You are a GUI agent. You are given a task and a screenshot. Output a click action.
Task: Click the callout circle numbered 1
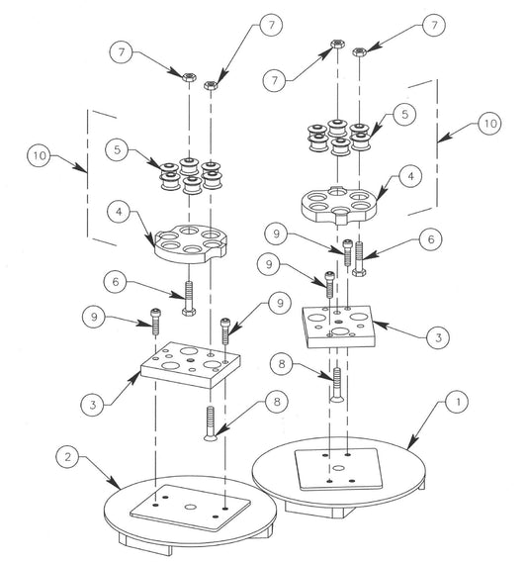458,402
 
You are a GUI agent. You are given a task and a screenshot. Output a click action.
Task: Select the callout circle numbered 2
67,457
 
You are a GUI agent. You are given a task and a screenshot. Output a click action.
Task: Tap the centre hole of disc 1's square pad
338,468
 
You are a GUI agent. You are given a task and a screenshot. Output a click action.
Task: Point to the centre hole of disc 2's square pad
190,507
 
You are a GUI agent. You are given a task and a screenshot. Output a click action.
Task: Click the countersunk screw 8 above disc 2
211,422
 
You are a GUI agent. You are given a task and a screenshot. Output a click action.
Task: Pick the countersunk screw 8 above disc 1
337,385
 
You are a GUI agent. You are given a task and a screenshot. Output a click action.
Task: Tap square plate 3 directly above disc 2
190,365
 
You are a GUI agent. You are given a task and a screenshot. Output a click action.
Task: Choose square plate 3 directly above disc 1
338,327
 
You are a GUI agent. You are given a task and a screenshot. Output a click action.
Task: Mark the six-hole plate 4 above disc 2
191,244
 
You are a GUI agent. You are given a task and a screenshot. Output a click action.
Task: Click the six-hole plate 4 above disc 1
338,205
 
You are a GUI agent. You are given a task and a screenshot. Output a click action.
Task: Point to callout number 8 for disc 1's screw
282,364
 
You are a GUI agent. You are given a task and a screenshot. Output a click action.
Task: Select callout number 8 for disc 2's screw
276,401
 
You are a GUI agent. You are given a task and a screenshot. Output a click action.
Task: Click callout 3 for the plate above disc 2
93,405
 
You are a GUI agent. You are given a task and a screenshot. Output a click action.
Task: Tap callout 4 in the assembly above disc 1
410,176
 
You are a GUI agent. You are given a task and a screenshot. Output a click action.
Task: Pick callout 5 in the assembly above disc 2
117,149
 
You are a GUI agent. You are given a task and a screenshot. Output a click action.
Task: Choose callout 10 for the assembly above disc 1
490,124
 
